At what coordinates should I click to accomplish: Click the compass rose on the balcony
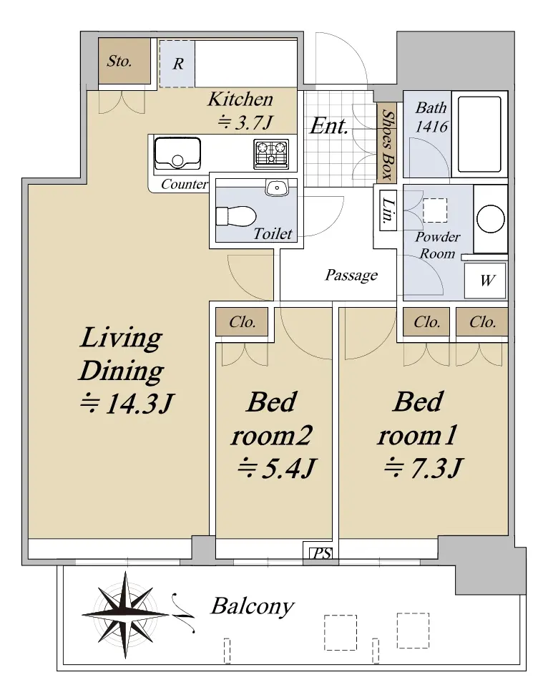(125, 615)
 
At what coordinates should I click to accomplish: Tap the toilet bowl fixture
(235, 216)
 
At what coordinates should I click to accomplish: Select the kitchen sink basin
(177, 152)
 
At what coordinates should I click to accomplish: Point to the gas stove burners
(271, 154)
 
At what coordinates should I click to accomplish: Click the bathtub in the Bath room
(479, 135)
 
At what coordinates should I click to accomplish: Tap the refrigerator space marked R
(177, 64)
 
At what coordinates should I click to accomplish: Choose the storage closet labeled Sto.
(124, 61)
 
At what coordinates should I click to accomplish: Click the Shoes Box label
(386, 143)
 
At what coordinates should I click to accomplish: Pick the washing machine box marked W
(485, 281)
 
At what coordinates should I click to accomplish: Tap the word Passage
(351, 276)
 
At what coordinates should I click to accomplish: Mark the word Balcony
(253, 607)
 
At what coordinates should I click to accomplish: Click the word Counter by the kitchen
(185, 184)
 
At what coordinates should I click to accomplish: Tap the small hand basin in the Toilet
(277, 188)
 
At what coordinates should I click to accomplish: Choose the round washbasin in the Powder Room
(491, 219)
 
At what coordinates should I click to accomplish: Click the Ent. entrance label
(329, 126)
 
